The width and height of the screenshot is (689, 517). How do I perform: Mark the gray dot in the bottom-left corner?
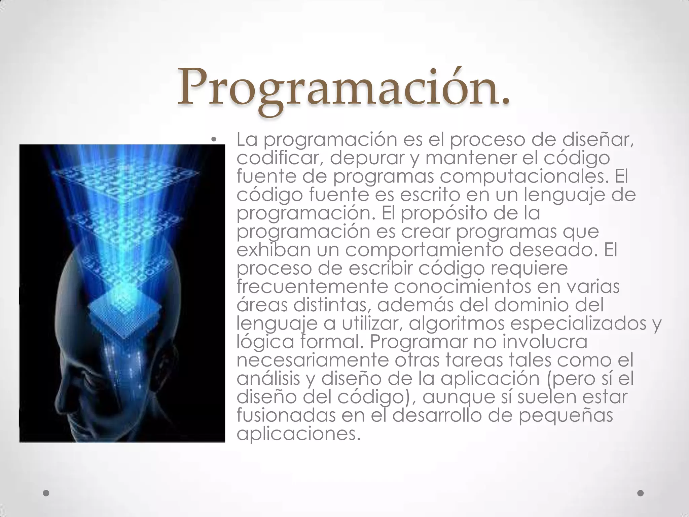pos(46,493)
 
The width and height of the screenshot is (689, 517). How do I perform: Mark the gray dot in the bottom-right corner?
pos(641,493)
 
